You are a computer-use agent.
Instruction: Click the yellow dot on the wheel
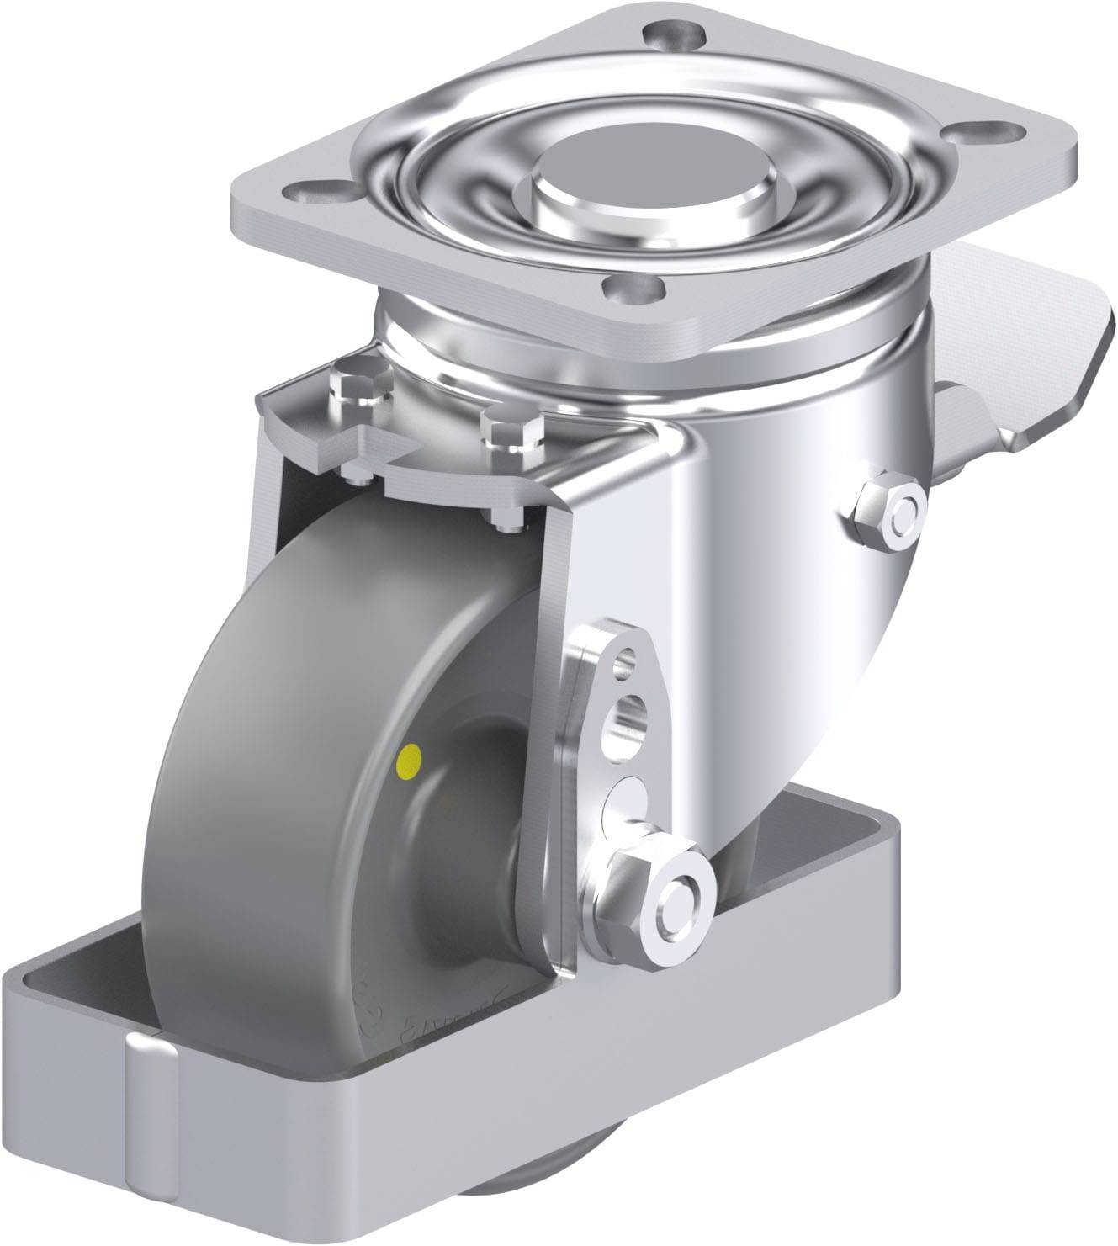coord(410,762)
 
